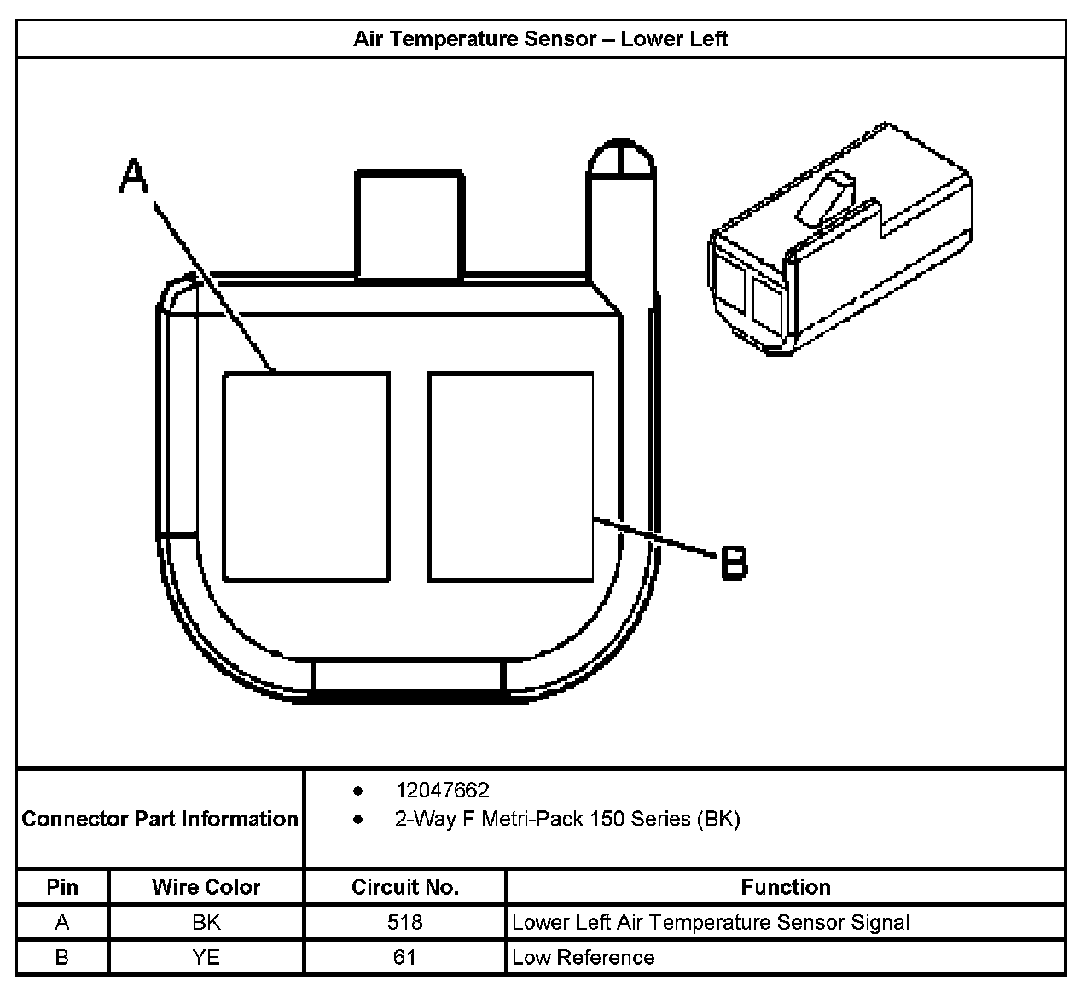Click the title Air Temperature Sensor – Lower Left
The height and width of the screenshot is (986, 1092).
541,39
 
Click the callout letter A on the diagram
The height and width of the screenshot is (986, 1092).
133,177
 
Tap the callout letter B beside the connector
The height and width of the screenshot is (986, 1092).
734,563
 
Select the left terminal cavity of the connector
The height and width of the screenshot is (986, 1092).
306,477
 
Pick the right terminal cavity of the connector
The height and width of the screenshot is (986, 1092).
510,477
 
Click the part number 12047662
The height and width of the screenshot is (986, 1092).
442,791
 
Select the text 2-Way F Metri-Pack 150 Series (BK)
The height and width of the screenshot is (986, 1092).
567,820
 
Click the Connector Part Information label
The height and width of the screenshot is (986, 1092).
160,819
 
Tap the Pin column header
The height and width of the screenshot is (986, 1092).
62,887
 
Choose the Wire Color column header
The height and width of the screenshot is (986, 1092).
206,887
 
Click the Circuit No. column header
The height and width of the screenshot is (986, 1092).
405,887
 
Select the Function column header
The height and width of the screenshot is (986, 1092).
785,887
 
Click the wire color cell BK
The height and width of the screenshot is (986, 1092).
206,922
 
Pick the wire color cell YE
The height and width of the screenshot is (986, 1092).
206,957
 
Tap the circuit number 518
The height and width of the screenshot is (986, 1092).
405,922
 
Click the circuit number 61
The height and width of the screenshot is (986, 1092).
405,957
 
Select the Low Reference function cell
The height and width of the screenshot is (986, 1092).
584,957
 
